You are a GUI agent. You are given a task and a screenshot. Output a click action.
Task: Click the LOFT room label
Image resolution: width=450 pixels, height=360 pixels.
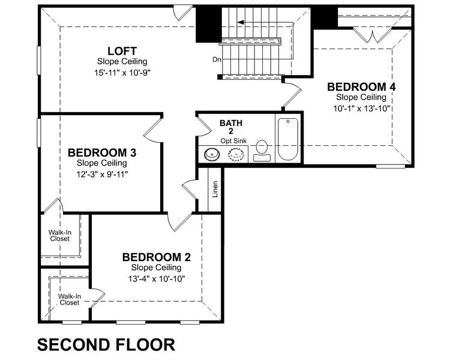[122, 51]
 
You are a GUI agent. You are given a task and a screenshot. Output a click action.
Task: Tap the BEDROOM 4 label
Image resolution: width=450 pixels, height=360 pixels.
[361, 86]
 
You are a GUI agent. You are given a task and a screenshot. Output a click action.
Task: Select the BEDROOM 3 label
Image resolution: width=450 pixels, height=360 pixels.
[102, 152]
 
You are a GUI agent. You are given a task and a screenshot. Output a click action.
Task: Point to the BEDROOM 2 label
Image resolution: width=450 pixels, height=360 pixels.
[157, 257]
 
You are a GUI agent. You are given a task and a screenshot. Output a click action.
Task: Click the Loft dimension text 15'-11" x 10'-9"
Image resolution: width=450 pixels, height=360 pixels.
[122, 73]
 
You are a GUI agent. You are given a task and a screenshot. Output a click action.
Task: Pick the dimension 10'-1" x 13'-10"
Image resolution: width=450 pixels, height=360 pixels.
[362, 108]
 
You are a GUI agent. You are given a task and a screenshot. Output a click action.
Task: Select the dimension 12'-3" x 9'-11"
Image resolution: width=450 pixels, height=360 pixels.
[102, 174]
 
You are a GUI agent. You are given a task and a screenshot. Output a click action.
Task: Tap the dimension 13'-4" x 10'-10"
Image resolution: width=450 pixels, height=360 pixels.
[157, 279]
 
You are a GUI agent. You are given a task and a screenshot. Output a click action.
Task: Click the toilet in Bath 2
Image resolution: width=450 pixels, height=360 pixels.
[262, 151]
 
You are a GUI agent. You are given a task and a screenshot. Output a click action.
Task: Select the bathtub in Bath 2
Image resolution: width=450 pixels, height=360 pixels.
[288, 139]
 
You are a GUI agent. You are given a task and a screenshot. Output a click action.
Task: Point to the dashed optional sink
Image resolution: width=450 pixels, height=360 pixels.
[236, 154]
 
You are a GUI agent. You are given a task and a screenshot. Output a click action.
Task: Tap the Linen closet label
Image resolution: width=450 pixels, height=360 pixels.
[215, 189]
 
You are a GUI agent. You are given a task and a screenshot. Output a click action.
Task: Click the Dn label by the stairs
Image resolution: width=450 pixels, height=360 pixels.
[217, 60]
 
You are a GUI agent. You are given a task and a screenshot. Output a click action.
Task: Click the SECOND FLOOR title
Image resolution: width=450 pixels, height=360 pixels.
[106, 344]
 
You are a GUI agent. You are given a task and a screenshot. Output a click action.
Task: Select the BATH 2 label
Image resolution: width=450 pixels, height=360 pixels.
[231, 127]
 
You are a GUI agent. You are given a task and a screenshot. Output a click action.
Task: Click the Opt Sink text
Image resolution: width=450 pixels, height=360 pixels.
[233, 141]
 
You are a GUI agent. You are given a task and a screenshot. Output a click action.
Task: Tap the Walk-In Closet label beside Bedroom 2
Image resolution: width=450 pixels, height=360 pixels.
[70, 299]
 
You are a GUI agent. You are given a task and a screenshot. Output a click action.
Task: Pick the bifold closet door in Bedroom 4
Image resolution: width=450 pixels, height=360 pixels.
[373, 35]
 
